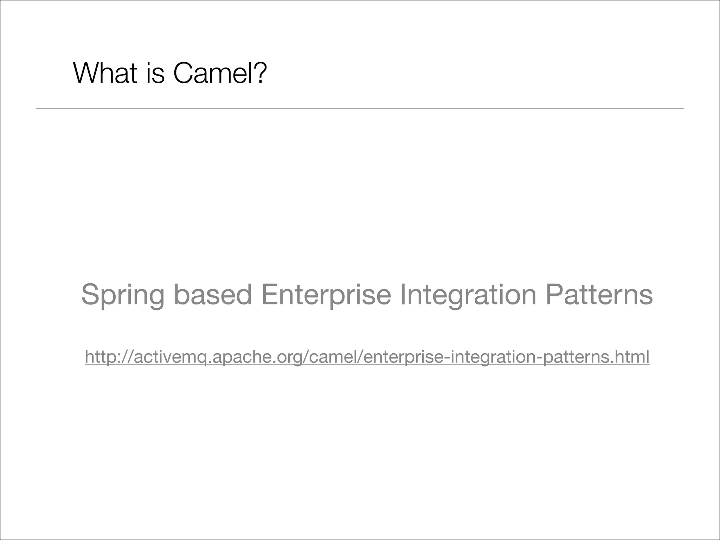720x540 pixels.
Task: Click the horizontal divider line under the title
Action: [360, 109]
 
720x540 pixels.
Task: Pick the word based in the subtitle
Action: [213, 294]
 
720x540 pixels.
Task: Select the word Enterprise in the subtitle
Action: [326, 295]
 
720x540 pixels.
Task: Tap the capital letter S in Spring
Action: [89, 294]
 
